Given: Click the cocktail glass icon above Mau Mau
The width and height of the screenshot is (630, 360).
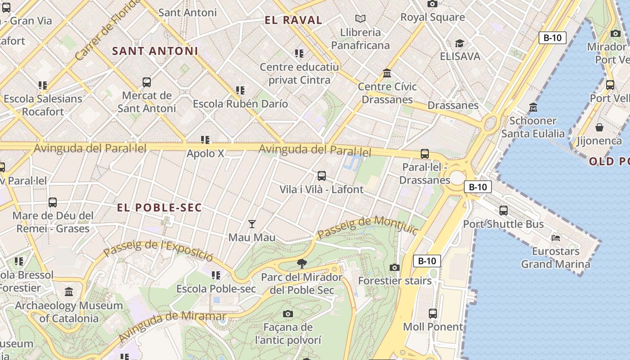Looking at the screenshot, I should point(252,224).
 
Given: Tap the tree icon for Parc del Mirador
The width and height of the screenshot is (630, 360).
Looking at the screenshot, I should point(302,263).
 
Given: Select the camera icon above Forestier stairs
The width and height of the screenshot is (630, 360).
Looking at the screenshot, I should point(395,267).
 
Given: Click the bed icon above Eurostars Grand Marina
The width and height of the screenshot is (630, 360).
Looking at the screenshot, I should point(556,238).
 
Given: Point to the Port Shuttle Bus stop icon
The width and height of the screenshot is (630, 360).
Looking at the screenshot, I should point(504,210).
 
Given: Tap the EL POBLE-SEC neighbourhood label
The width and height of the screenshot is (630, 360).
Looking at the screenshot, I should point(159,208).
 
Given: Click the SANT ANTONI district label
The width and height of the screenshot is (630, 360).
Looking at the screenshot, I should point(155,51).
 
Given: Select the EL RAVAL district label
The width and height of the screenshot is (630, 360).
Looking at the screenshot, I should point(293,20).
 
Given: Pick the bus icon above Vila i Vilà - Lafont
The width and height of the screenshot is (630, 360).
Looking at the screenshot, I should point(321,175).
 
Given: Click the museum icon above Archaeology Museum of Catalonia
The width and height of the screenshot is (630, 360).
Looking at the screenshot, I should point(69,292).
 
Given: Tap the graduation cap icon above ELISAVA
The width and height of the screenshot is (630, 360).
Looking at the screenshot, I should point(459,43).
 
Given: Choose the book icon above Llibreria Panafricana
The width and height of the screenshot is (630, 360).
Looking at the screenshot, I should point(360,18).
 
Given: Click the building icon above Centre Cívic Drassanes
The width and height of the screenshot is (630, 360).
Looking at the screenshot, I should point(387,73).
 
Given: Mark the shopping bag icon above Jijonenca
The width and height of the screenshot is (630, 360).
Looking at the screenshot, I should point(599,127).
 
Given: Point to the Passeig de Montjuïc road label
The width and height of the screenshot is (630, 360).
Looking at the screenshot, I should point(368,227).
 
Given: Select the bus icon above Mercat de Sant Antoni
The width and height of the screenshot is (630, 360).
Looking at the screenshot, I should point(147,82).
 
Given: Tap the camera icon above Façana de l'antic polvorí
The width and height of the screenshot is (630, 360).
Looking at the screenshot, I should point(288,314).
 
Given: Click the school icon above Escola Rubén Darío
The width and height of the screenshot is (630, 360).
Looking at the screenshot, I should point(240,90).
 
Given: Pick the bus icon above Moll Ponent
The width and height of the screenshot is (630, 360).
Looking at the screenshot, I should point(433,313).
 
